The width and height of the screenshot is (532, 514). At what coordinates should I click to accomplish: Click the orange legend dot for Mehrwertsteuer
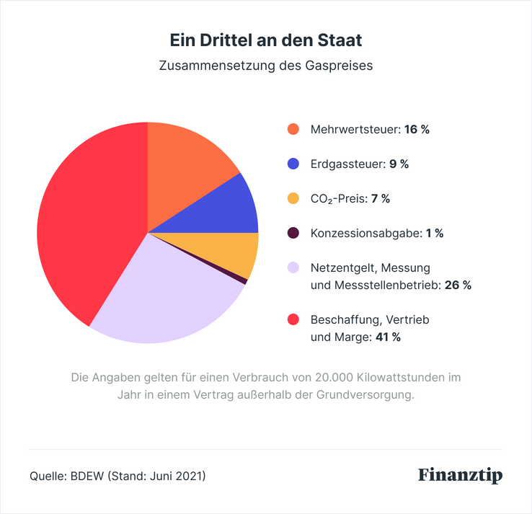pos(293,130)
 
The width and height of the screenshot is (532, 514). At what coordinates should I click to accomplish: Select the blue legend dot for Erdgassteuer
pos(293,164)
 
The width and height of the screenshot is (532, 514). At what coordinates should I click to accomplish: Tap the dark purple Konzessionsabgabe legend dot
pos(293,233)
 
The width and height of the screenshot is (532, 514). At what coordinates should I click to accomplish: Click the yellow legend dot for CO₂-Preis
pos(293,198)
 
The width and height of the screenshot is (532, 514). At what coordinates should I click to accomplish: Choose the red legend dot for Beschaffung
pos(293,319)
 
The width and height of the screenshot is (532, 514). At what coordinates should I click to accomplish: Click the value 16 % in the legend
pos(417,130)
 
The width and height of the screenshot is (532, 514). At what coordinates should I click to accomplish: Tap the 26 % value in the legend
pos(458,285)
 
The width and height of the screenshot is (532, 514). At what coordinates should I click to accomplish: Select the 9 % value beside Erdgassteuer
pos(399,164)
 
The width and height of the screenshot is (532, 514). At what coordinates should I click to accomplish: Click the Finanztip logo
pos(460,476)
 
